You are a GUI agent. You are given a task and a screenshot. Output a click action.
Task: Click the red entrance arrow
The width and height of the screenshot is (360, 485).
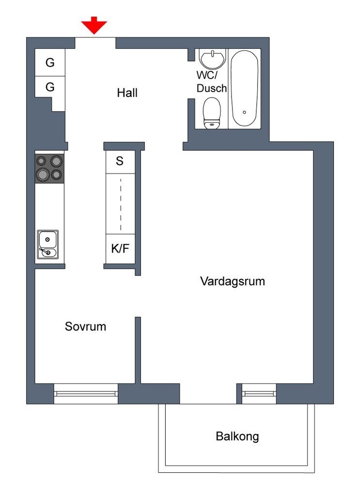(x=94, y=25)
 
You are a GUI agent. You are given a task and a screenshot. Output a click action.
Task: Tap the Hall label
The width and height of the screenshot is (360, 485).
(x=127, y=93)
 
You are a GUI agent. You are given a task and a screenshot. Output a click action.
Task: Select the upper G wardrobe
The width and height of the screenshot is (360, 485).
(x=50, y=62)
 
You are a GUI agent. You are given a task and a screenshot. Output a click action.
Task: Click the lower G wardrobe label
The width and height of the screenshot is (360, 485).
(x=50, y=87)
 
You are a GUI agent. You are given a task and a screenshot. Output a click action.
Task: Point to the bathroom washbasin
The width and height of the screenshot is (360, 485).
(x=212, y=59)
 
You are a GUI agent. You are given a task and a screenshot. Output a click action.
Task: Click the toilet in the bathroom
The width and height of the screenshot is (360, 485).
(x=212, y=113)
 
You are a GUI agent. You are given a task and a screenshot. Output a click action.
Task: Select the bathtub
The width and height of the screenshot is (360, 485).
(x=244, y=88)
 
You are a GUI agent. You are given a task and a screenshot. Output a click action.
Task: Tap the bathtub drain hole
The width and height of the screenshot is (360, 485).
(x=244, y=113)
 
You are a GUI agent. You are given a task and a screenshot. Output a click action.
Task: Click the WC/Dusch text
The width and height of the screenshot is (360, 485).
(x=212, y=81)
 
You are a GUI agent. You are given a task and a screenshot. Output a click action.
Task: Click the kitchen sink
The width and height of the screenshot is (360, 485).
(x=48, y=244)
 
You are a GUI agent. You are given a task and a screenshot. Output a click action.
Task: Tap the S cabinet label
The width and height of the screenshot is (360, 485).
(x=120, y=161)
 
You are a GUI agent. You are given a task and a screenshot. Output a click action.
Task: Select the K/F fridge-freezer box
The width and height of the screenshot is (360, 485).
(x=121, y=249)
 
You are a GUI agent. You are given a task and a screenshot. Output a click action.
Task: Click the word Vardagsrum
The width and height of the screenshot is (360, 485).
(x=233, y=281)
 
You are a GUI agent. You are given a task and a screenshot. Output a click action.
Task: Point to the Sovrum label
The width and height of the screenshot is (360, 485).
(x=85, y=326)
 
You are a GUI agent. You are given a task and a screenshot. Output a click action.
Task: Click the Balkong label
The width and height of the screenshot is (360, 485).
(x=237, y=436)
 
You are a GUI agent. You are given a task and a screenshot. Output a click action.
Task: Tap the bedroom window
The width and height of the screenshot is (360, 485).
(x=86, y=393)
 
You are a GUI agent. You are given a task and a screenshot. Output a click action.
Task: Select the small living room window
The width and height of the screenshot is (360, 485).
(x=259, y=393)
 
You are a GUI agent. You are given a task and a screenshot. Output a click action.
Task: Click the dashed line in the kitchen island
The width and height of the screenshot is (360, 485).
(x=121, y=205)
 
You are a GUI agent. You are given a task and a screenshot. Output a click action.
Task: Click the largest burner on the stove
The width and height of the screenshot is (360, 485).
(x=42, y=174)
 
